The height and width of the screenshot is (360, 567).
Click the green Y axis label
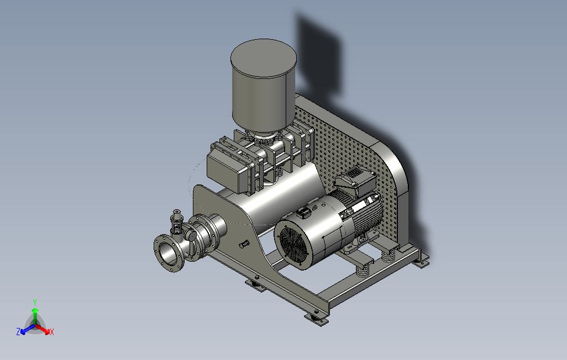click(x=35, y=302)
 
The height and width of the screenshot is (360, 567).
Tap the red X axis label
click(x=52, y=332)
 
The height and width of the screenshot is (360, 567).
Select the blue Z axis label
click(x=18, y=331)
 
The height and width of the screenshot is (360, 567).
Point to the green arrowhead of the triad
click(x=35, y=310)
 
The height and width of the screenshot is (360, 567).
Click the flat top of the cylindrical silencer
click(x=264, y=58)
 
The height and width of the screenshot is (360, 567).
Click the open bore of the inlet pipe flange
click(x=168, y=253)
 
